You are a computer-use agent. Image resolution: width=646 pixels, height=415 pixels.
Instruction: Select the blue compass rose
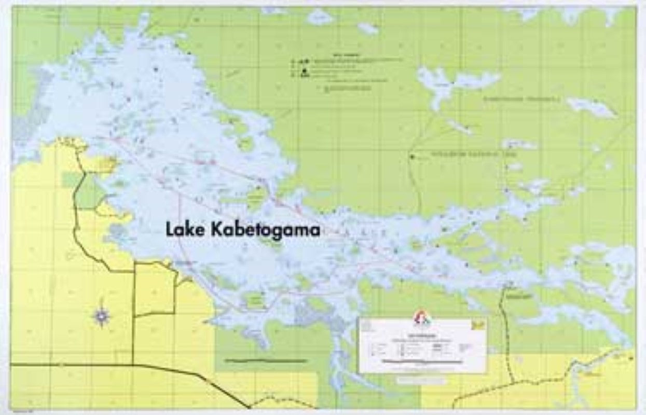[x=102, y=315]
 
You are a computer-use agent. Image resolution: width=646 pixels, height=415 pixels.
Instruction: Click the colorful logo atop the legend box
[x=422, y=318]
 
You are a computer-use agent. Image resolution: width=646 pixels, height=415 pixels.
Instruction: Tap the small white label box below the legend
[x=421, y=380]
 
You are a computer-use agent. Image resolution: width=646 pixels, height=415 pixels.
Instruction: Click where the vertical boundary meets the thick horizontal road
[x=133, y=365]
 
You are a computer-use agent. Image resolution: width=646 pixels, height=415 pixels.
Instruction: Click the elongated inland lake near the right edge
[x=592, y=107]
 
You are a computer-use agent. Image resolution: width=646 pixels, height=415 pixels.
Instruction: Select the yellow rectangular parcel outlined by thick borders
[x=154, y=289]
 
